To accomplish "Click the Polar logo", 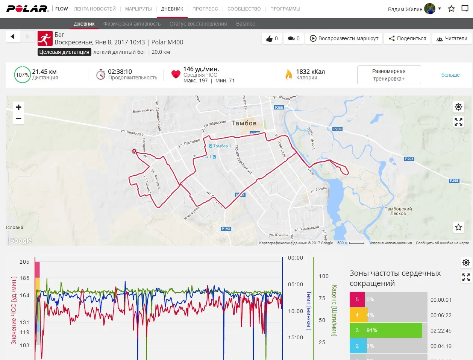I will coord(28,9).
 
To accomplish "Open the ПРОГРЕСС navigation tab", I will coord(205,9).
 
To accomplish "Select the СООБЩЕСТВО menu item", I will coord(244,9).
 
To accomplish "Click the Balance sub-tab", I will coord(246,24).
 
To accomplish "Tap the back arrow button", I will coord(13,36).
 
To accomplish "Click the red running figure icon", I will coord(45,38).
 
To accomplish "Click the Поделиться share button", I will coord(408,38).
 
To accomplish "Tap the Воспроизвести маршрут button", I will coord(344,38).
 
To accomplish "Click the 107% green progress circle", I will coord(23,75).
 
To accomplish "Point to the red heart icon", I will coord(176,74).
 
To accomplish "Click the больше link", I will coord(450,75).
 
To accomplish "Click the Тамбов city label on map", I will coord(244,123).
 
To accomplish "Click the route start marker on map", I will coord(134,151).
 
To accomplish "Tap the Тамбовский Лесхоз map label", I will coord(398,211).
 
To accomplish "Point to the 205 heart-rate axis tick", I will coord(24,262).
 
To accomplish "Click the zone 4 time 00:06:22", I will coord(441,315).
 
